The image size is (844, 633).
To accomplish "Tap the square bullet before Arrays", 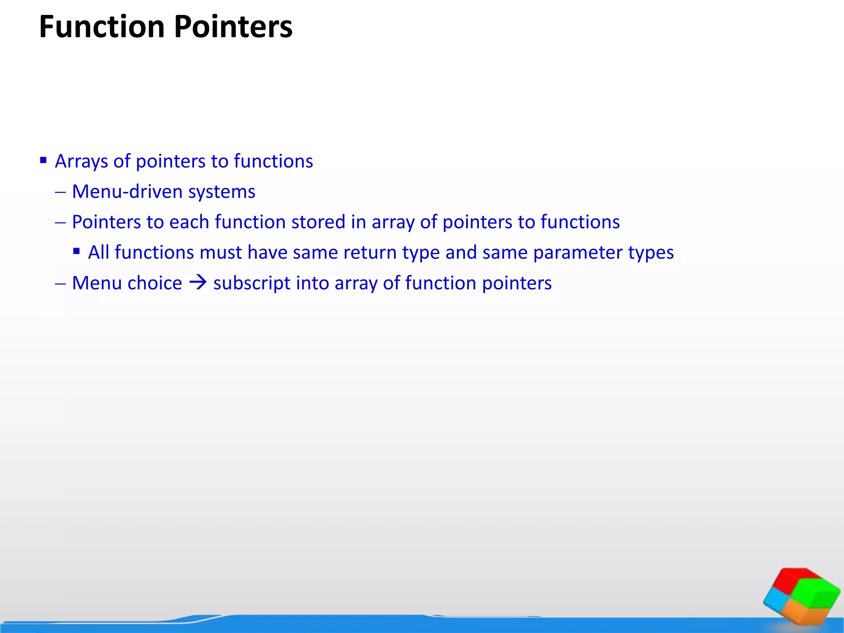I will click(x=43, y=160).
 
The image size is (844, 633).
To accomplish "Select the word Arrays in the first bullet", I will click(x=81, y=162).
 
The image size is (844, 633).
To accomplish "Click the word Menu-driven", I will click(x=127, y=192).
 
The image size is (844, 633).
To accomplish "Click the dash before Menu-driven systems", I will click(x=60, y=192).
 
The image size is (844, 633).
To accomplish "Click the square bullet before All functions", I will click(x=76, y=251).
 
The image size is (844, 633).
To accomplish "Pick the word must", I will click(x=220, y=253).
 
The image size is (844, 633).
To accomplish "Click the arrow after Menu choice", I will click(x=198, y=283).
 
